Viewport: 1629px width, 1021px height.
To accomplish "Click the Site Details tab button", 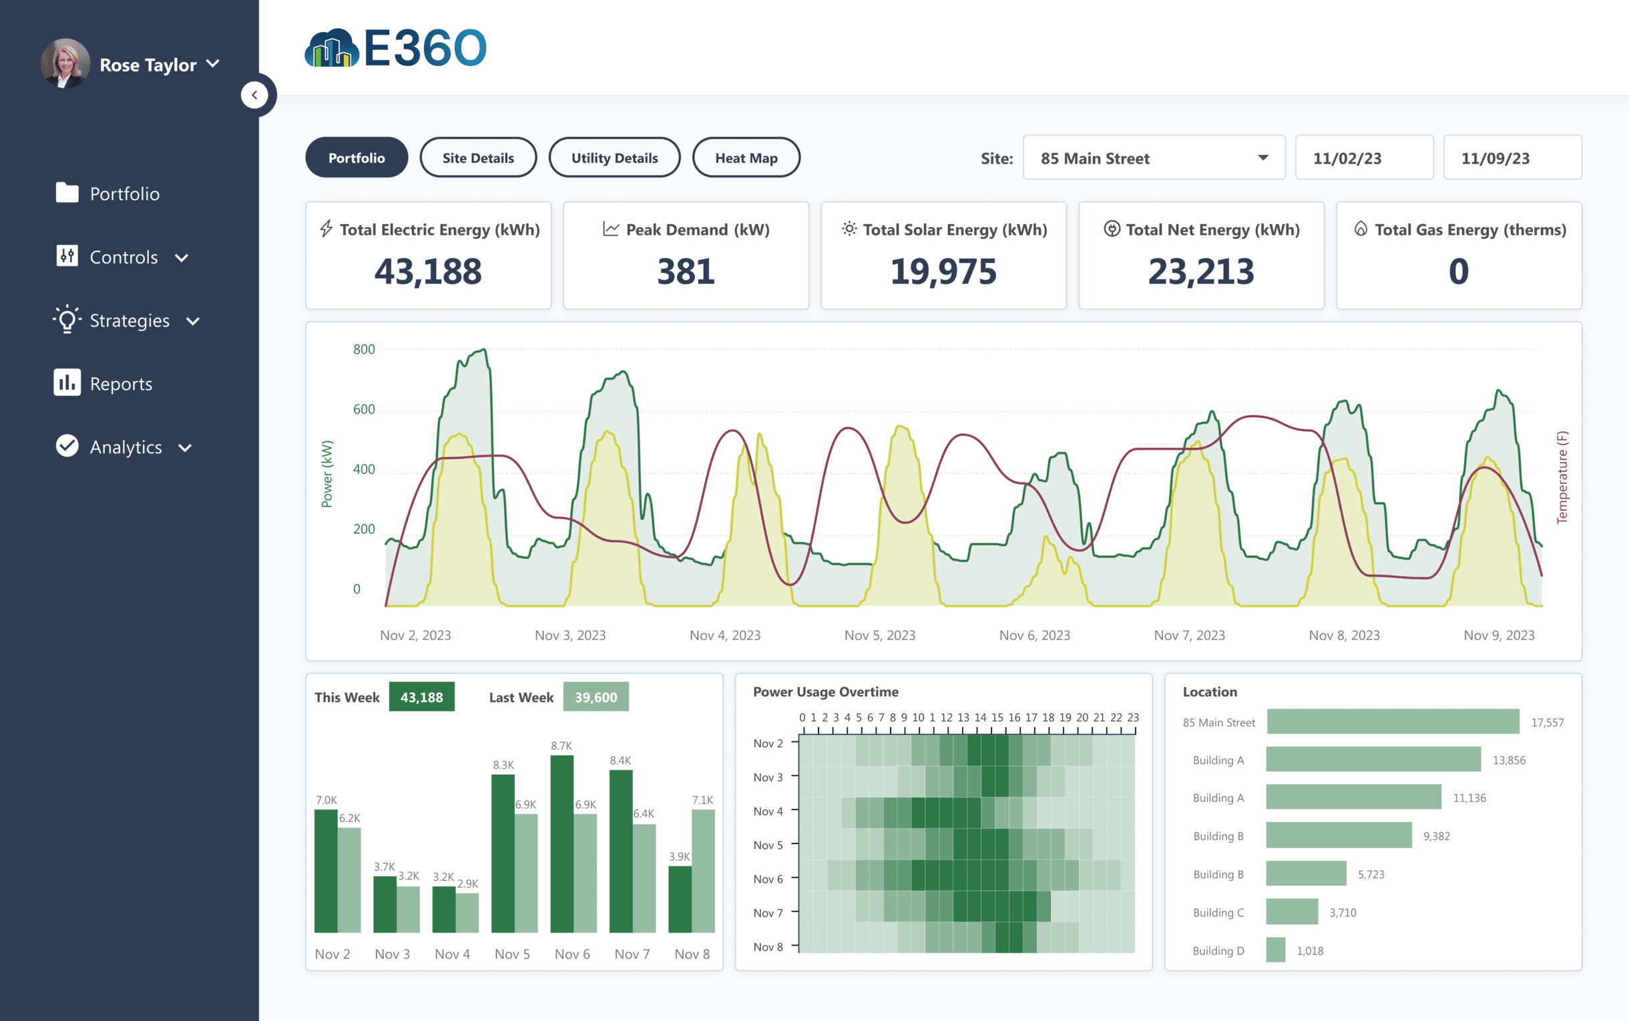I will pos(477,158).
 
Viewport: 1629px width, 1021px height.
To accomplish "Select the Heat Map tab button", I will pos(746,158).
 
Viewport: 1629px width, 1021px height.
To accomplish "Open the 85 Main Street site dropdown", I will pos(1154,158).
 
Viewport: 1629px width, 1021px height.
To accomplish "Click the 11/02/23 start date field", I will pos(1363,158).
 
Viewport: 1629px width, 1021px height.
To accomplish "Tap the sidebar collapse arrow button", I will pos(254,95).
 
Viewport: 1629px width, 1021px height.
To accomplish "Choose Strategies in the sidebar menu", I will pos(129,321).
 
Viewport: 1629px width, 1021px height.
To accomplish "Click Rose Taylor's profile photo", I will pos(65,63).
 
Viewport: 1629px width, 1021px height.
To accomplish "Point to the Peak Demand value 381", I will pos(686,272).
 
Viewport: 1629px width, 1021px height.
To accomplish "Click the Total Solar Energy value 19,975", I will pos(943,272).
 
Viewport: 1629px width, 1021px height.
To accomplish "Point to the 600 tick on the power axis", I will pos(363,409).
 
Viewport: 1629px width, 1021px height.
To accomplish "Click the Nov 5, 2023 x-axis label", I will pos(879,635).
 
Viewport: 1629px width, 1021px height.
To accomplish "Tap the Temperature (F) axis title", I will pos(1562,476).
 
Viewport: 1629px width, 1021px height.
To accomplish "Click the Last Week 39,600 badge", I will pos(595,697).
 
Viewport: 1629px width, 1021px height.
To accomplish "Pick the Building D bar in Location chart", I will pos(1275,950).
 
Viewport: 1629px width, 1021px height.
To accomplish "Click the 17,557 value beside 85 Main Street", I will pos(1547,723).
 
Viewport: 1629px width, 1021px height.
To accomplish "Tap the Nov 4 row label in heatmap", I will pos(768,811).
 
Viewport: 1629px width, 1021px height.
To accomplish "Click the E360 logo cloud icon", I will pos(331,49).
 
